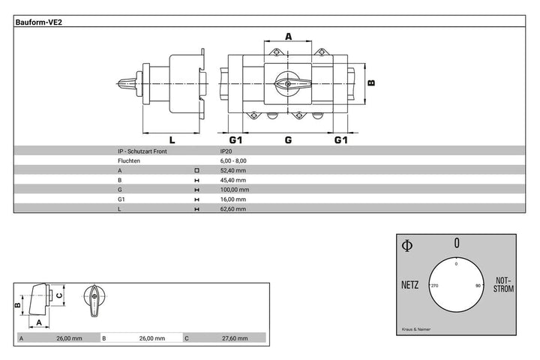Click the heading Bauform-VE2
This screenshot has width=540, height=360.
coord(38,22)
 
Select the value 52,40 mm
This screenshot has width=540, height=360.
coord(233,170)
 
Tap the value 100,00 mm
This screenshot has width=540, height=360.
coord(235,190)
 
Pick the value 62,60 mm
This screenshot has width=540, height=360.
coord(233,208)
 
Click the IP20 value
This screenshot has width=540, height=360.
coord(226,151)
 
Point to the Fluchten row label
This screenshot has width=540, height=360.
coord(129,161)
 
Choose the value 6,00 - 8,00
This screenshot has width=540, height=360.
coord(233,161)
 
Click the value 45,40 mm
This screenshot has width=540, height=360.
coord(233,180)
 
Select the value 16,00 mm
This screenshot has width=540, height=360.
coord(233,199)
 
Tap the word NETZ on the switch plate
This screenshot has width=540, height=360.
coord(409,285)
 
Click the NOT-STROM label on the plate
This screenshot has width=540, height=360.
coord(503,285)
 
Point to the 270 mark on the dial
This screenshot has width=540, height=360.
coord(434,286)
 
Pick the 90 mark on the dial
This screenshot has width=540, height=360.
coord(478,286)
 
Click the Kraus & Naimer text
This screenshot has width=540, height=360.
coord(416,329)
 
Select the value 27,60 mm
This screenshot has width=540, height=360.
coord(235,338)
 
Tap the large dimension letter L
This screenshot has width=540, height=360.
coord(172,139)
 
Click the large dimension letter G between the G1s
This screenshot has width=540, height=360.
coord(288,139)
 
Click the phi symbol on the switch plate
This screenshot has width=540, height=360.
coord(407,246)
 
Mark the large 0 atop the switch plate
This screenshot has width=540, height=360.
coord(457,243)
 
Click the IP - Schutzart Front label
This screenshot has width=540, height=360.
coord(142,151)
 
